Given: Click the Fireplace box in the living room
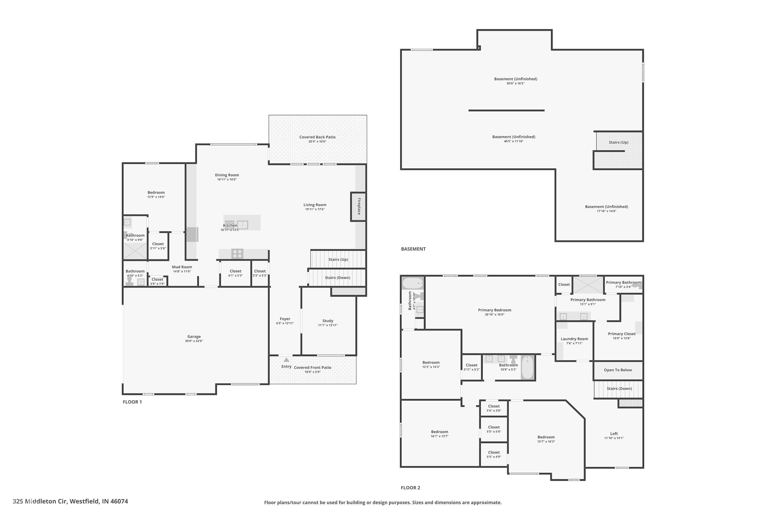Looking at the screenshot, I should (x=358, y=207).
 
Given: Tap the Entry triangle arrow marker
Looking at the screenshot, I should (x=286, y=360).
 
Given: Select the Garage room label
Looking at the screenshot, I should (x=194, y=337).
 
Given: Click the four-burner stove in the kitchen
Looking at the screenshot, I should (x=237, y=254).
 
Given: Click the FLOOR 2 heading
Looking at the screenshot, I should (x=410, y=488).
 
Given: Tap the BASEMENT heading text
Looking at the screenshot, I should (x=413, y=249).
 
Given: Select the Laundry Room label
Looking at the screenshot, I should (x=574, y=339).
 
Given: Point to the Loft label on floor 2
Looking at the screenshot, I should (x=614, y=433).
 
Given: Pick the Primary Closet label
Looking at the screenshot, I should (x=621, y=334).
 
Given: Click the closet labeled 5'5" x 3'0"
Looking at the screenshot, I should (x=494, y=408).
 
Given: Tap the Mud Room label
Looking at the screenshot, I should (x=182, y=267).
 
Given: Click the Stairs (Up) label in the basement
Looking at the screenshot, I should (x=618, y=143).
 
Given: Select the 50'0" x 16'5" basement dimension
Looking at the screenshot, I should (x=515, y=84).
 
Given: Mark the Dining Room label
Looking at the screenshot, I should (x=227, y=175).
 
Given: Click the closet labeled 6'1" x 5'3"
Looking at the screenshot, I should (x=235, y=273).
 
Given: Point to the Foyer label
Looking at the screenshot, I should (x=285, y=319).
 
